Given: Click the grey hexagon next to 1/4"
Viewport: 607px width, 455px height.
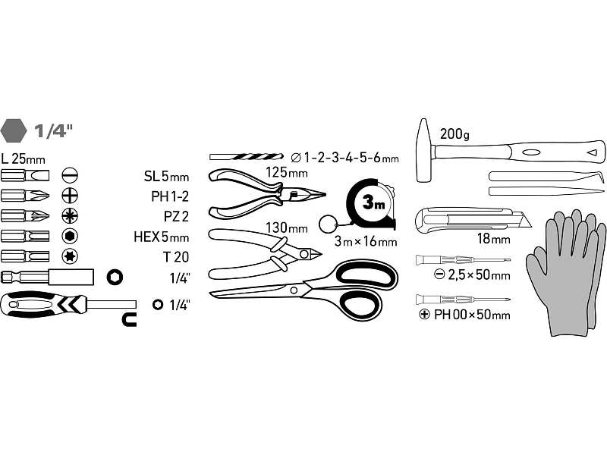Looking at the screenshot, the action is point(14,130).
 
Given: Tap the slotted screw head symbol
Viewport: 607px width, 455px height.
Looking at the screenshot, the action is point(70,175).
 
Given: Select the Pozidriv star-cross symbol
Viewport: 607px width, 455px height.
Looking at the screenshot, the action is point(70,215).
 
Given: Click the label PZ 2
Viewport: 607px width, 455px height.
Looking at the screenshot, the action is point(176,216).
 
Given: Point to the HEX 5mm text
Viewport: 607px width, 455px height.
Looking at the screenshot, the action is point(161,237).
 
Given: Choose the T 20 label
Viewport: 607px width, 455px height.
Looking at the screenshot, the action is point(176,257).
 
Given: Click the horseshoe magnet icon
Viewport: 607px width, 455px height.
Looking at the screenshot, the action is point(129,320).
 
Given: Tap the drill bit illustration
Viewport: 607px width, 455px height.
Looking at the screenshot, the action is point(246,157).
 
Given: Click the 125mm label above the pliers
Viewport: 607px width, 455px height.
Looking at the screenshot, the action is point(287,173).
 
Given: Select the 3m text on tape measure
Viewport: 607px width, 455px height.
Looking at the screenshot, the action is point(373,202).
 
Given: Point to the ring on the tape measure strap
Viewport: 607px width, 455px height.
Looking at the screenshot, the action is point(328,224).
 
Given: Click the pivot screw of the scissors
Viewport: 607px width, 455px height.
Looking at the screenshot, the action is point(294,290).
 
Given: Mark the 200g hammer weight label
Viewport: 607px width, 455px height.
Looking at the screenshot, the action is point(454,134).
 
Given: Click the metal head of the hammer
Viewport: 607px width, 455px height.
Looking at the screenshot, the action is point(425,150).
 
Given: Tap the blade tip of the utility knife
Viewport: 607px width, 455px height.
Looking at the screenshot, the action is point(530,226).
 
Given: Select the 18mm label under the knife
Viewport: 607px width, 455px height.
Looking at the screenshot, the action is point(494,239).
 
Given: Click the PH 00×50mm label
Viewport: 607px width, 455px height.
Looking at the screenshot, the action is point(472,315).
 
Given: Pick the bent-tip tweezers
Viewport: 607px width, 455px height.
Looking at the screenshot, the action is point(546,176).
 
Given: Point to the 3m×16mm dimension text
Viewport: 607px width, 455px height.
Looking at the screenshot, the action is point(366,241).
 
